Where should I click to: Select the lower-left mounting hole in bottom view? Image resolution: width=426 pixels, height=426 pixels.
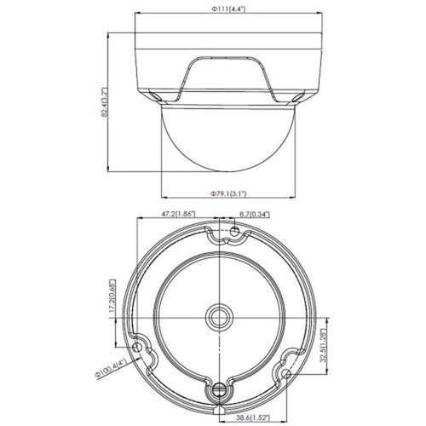click(x=138, y=349)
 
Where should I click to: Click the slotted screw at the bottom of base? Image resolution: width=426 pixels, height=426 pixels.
click(x=221, y=391)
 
